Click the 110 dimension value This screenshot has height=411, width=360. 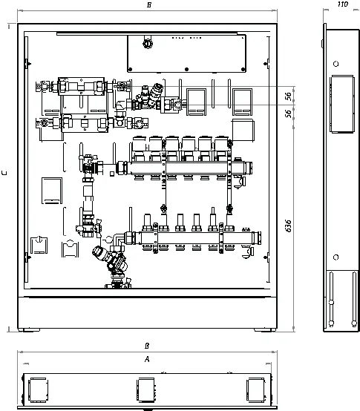pyautogui.click(x=343, y=4)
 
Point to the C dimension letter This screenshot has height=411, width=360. pyautogui.click(x=4, y=173)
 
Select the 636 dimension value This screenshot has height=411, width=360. pyautogui.click(x=288, y=226)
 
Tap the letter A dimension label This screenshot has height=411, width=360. pyautogui.click(x=147, y=359)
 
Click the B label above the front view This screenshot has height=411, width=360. pyautogui.click(x=149, y=4)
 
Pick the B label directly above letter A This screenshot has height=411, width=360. pyautogui.click(x=147, y=346)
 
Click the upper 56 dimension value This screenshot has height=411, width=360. pyautogui.click(x=288, y=96)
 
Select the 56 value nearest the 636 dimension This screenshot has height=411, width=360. pyautogui.click(x=288, y=114)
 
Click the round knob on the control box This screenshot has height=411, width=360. pyautogui.click(x=148, y=43)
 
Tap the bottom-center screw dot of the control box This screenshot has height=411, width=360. pyautogui.click(x=186, y=69)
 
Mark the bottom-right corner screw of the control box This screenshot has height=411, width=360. pyautogui.click(x=243, y=69)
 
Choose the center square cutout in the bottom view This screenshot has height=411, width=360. pyautogui.click(x=145, y=389)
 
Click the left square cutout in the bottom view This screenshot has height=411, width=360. pyautogui.click(x=39, y=389)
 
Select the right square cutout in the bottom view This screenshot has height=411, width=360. pyautogui.click(x=256, y=389)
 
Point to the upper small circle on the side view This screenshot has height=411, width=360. pyautogui.click(x=336, y=64)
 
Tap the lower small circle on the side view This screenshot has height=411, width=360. pyautogui.click(x=336, y=257)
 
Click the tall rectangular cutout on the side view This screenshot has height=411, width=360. pyautogui.click(x=342, y=104)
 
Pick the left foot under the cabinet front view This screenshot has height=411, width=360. pyautogui.click(x=30, y=330)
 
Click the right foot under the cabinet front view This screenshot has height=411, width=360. pyautogui.click(x=265, y=330)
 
